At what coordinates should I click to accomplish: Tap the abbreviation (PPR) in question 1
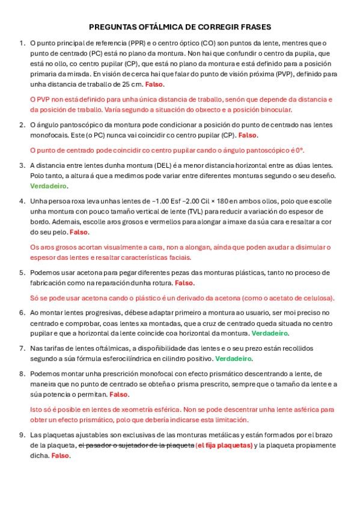coord(136,43)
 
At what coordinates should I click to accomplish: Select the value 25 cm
coord(133,84)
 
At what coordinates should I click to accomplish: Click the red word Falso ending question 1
coord(154,84)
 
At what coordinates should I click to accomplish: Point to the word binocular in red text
coord(273,110)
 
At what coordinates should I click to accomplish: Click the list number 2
coord(22,124)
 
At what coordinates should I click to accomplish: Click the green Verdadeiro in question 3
coord(47,186)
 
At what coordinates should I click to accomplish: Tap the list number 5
coord(22,272)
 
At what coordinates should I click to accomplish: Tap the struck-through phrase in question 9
coord(136,445)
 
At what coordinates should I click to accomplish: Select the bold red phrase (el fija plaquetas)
coord(224,445)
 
